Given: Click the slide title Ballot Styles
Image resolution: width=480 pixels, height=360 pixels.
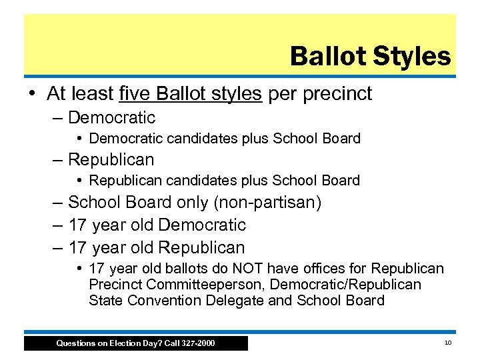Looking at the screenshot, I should pos(370,57).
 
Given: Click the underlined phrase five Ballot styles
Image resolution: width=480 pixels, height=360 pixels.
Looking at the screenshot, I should pos(190,94).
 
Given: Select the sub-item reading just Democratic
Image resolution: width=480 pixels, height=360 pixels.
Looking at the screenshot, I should pos(111,118).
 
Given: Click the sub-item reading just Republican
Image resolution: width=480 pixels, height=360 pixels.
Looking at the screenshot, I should pos(111,160).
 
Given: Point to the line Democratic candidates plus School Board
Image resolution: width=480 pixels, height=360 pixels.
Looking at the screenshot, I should pos(225,139).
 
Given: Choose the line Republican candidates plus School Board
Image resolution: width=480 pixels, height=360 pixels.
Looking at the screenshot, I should pos(224,181).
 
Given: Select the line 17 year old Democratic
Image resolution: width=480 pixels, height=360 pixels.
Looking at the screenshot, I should pos(157,225).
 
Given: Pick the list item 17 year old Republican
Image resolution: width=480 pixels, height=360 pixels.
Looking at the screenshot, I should pos(157,248).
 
